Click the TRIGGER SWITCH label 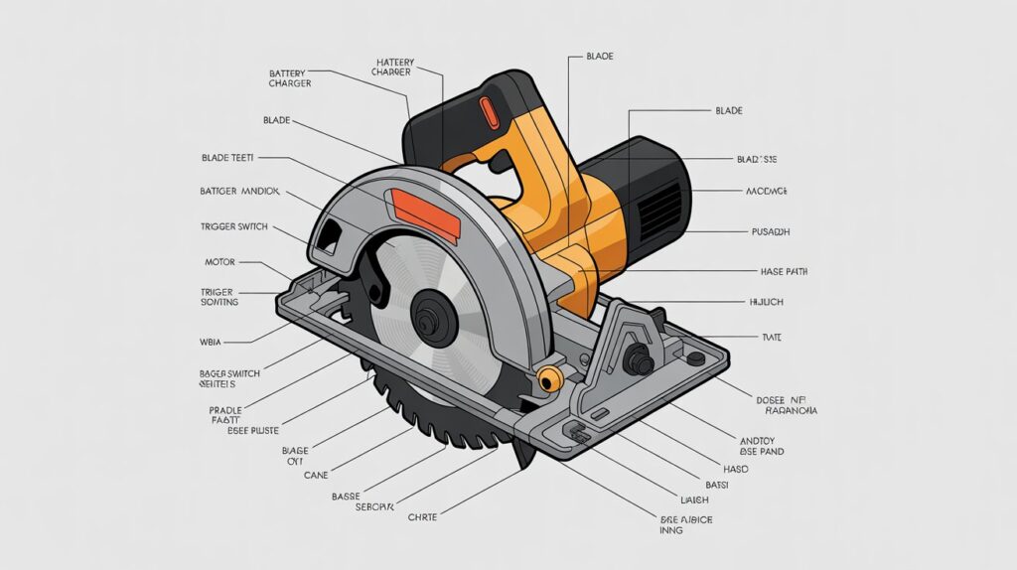coord(233,227)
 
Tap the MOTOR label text coord(218,263)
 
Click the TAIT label coord(771,338)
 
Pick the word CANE coord(315,474)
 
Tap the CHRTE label coord(422,515)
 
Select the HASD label coord(735,468)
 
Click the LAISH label coord(694,499)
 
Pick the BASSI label coord(716,485)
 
